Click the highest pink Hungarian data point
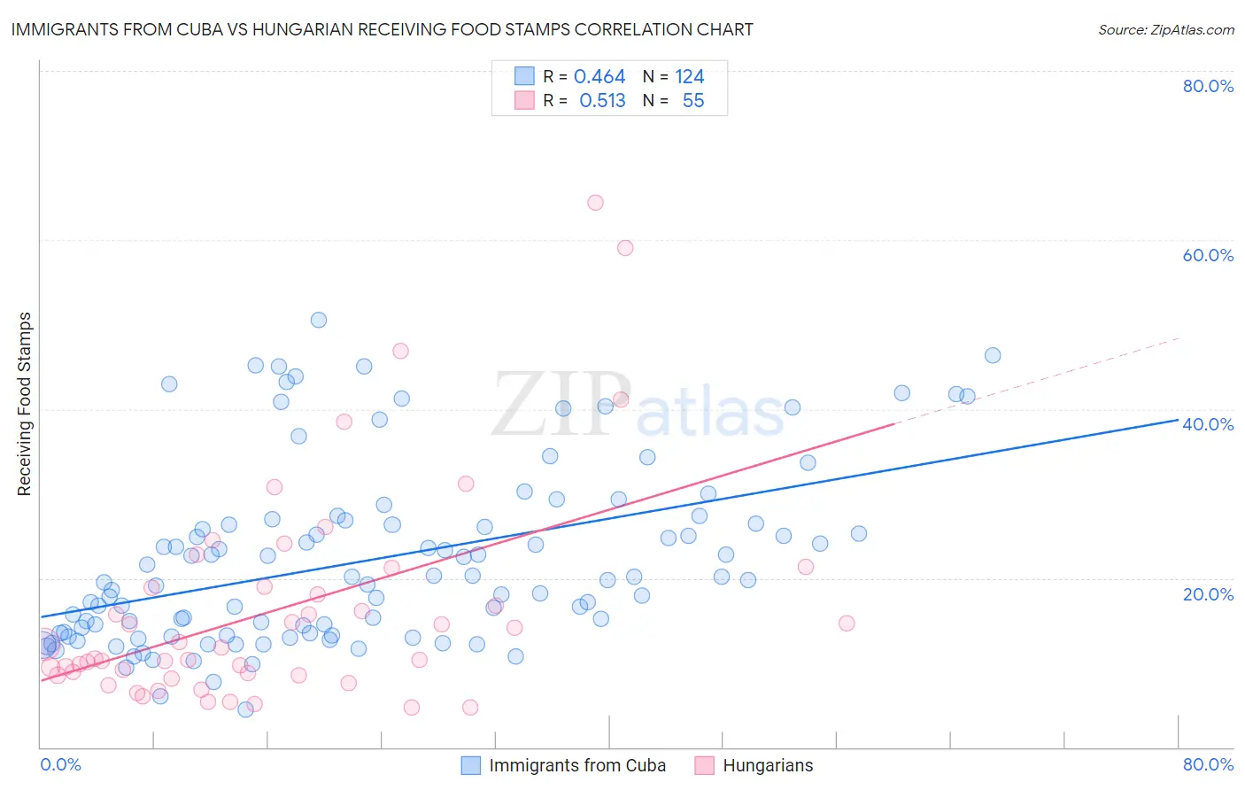click(595, 203)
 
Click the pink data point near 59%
click(625, 248)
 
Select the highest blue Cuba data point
click(319, 320)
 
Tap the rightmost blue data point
click(993, 355)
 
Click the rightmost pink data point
click(847, 623)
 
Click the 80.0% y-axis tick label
click(1208, 86)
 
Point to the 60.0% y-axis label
click(1208, 255)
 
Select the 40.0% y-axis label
click(1208, 424)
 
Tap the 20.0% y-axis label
click(1208, 594)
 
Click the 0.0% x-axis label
click(60, 764)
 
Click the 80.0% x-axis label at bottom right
click(1208, 764)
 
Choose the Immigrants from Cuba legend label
click(577, 765)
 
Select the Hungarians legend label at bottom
click(768, 765)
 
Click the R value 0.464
click(599, 77)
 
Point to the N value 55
click(693, 101)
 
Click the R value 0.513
click(602, 101)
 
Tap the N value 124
click(690, 77)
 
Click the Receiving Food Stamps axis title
click(25, 404)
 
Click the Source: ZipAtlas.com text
click(1165, 30)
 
